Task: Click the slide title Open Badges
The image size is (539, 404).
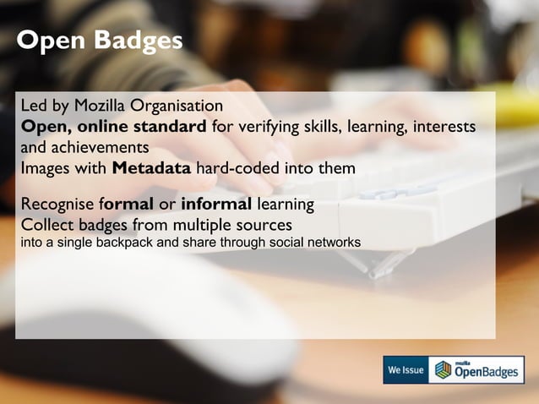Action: (x=100, y=41)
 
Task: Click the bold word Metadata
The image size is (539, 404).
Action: (x=151, y=167)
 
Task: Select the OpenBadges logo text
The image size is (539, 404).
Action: (x=487, y=372)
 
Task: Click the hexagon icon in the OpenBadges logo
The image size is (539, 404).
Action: (x=444, y=371)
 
